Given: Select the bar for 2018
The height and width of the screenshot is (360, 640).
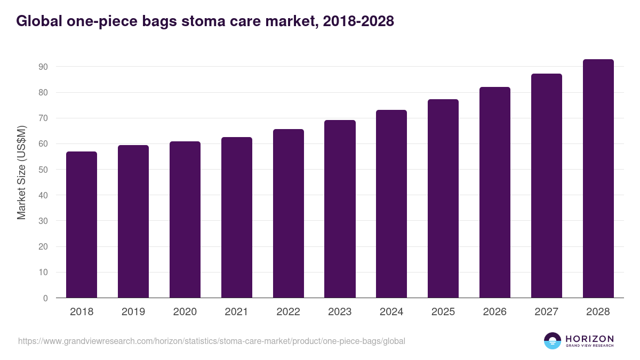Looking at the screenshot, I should pyautogui.click(x=82, y=225).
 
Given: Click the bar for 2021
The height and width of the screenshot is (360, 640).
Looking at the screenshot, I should pyautogui.click(x=237, y=218).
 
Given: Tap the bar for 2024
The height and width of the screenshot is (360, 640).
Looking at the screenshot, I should pyautogui.click(x=391, y=204).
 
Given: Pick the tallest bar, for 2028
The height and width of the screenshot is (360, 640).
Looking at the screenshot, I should pyautogui.click(x=598, y=179).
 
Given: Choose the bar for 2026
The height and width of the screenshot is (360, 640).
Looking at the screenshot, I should pyautogui.click(x=495, y=193).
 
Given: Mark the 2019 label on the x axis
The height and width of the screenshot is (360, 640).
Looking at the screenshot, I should pyautogui.click(x=133, y=312).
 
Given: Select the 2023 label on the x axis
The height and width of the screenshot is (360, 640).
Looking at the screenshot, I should pyautogui.click(x=340, y=312).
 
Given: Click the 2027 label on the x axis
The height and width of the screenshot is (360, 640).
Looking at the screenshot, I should pyautogui.click(x=546, y=312).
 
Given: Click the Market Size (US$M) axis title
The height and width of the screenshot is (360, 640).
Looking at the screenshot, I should pyautogui.click(x=21, y=172).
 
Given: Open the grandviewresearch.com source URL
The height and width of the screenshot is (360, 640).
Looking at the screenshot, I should pyautogui.click(x=212, y=341).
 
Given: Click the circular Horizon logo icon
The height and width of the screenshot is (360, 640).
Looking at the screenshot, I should pyautogui.click(x=553, y=341).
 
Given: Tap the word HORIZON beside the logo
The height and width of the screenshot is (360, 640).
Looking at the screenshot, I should pyautogui.click(x=589, y=339).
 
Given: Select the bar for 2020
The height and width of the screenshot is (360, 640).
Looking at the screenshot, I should pyautogui.click(x=185, y=220).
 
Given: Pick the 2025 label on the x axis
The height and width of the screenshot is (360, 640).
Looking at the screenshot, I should pyautogui.click(x=443, y=312).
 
